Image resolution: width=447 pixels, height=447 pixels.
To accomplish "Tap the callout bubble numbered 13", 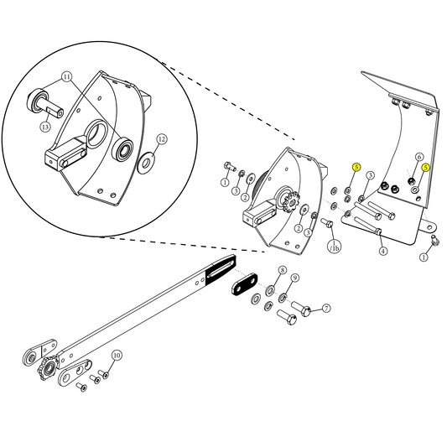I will (45, 126).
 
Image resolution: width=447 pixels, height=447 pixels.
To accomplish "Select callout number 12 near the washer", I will (162, 138).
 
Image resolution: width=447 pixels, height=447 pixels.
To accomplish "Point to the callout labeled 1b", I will (334, 247).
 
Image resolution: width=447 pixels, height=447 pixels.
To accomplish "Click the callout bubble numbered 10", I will (117, 356).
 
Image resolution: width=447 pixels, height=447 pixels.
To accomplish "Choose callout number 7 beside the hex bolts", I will (326, 308).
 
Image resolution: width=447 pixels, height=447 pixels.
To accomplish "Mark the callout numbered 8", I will (283, 270).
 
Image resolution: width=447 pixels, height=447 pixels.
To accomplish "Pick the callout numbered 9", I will (295, 278).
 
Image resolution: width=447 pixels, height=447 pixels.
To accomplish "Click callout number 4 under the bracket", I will (382, 251).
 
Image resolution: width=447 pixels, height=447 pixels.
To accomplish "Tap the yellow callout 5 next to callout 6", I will (426, 168).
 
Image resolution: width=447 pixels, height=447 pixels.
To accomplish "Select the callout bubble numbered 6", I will (419, 157).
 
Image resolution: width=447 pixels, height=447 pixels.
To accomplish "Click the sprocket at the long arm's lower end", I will (46, 368).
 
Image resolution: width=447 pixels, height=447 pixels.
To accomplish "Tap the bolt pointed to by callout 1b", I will (327, 223).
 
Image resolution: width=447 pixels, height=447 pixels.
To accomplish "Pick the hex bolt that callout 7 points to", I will (300, 314).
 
